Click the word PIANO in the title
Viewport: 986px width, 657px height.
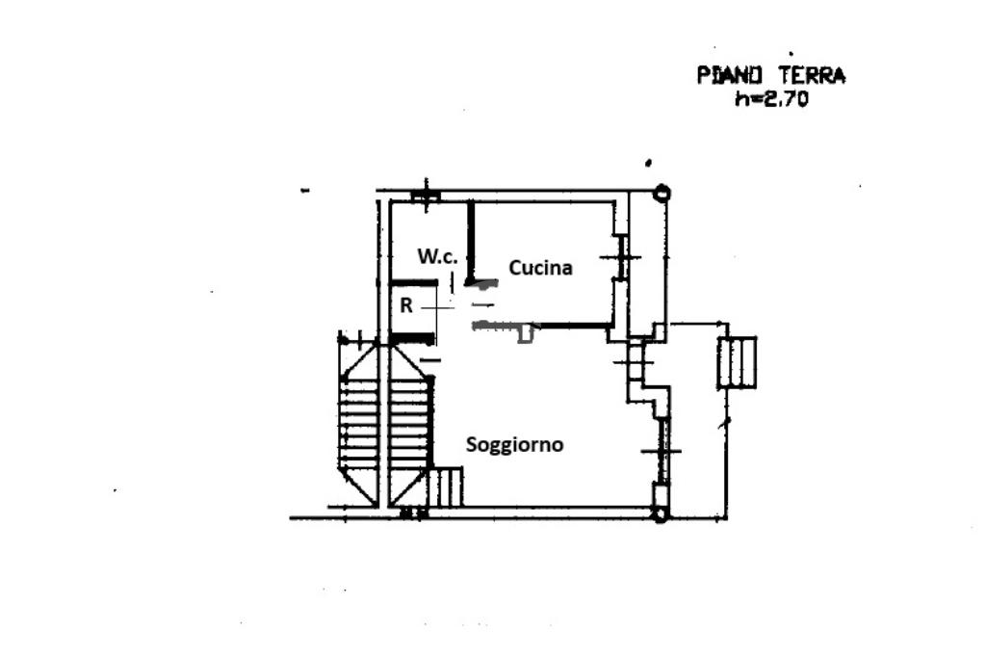pos(730,75)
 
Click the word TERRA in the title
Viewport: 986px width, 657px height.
pos(813,75)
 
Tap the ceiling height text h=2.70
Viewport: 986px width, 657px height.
pos(771,99)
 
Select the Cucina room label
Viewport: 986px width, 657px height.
pos(540,268)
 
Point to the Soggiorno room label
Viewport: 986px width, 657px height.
pos(514,445)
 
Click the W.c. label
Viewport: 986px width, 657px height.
pos(438,256)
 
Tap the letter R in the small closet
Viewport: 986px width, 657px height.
pos(406,305)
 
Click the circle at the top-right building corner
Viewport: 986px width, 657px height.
pos(661,193)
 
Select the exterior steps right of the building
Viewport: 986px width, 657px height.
pos(737,362)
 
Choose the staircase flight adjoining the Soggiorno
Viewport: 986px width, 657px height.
pos(410,425)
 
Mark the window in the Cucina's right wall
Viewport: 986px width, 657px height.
pos(621,257)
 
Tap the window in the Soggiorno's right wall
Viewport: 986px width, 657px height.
pos(661,451)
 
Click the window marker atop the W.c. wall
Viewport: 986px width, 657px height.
pos(427,195)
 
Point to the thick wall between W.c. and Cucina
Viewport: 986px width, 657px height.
pos(470,243)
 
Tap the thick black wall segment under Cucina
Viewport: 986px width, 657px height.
pos(576,326)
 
